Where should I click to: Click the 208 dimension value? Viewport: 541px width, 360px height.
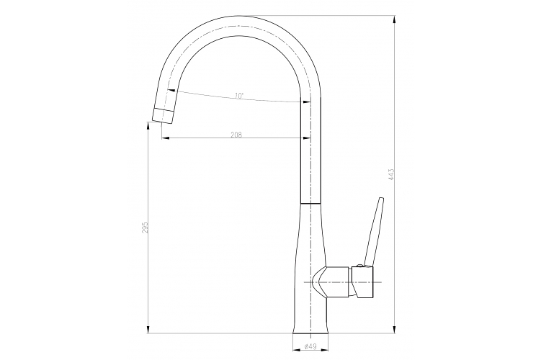click(x=236, y=134)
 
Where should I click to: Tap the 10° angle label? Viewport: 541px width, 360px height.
click(x=238, y=96)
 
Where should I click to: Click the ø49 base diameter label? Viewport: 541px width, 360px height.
click(x=311, y=346)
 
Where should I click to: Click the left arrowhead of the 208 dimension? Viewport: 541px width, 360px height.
click(x=162, y=138)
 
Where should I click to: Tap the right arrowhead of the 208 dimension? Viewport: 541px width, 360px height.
click(x=308, y=138)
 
